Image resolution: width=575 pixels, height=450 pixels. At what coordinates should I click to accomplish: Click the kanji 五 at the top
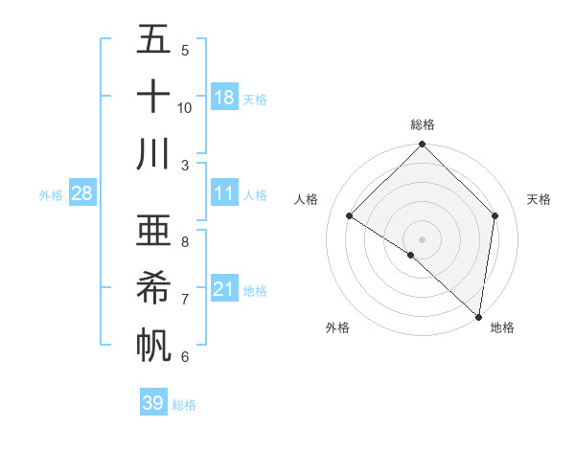coord(153,40)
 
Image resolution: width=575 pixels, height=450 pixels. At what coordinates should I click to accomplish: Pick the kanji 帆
coord(153,344)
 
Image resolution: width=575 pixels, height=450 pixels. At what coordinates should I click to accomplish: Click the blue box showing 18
coord(224,98)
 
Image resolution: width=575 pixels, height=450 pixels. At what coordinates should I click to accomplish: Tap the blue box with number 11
coord(224,193)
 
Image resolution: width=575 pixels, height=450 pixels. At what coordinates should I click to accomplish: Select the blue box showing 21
coord(224,289)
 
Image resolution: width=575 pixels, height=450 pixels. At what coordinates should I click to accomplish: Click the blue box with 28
coord(82,193)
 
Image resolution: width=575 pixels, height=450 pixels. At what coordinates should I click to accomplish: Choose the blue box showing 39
coord(153,403)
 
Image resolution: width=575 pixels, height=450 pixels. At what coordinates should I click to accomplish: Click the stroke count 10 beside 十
coord(185,107)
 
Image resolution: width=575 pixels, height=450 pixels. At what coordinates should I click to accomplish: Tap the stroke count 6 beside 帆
coord(185,356)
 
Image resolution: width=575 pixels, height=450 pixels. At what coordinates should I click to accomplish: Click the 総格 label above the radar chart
coord(422,124)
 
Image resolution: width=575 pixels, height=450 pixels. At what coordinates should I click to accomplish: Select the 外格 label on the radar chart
coord(337,328)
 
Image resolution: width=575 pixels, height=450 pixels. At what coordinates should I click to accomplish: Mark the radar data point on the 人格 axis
coord(350,215)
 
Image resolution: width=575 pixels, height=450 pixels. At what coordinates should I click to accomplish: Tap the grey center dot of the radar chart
coord(422,238)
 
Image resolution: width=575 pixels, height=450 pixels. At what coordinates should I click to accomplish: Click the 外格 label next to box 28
coord(51,194)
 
